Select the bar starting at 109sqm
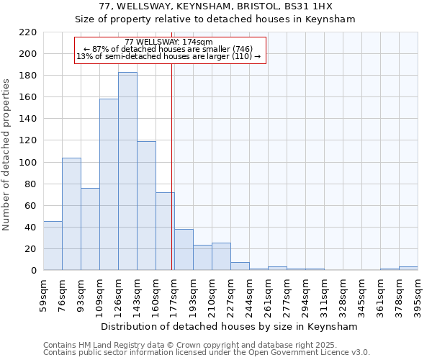109,184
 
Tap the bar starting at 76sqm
71,214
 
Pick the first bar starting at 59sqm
53,246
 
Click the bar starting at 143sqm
146,206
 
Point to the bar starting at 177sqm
184,250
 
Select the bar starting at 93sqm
90,229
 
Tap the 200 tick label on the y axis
28,54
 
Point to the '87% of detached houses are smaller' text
171,49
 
